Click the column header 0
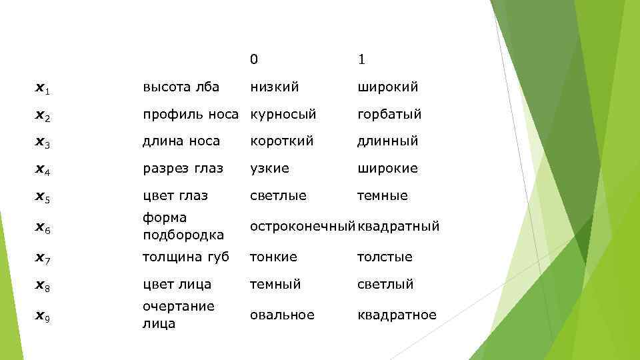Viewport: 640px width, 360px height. pos(254,60)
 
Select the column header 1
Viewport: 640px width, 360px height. pos(361,60)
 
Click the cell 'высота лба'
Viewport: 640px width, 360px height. pos(181,87)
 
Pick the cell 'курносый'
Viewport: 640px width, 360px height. pos(283,114)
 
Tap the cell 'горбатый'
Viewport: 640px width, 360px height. pos(389,114)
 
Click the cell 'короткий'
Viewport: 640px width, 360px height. pos(282,141)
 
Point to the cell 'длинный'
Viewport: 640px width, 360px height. pos(387,141)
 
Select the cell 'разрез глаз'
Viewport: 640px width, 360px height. pos(183,169)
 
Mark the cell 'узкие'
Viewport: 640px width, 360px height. pos(269,169)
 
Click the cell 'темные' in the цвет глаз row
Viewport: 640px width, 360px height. pos(382,196)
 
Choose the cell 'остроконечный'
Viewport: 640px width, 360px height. pos(302,227)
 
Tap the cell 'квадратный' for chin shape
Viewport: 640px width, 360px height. pos(398,227)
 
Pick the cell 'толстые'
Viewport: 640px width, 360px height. pos(385,257)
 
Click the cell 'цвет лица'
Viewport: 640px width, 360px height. pos(177,284)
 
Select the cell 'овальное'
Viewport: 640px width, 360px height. pos(281,315)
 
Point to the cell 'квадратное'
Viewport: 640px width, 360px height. pos(397,315)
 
